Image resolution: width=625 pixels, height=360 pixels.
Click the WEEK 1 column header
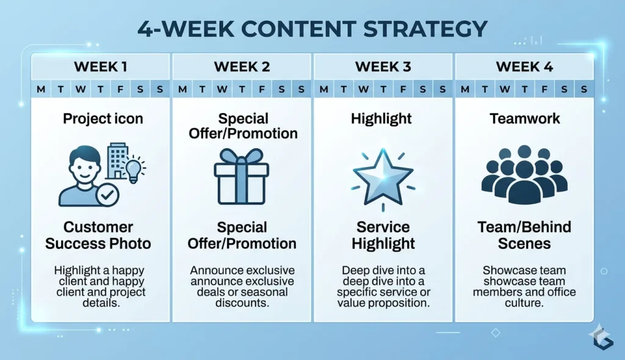(101, 67)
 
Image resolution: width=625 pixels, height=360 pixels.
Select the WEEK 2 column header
(242, 67)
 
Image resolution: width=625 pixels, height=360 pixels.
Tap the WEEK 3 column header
(383, 67)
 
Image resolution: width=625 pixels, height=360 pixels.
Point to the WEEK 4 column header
(524, 67)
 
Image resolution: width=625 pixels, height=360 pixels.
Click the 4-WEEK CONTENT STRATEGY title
(312, 29)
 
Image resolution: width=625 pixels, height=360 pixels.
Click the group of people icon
(524, 174)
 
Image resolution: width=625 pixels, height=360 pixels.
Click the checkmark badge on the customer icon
(107, 195)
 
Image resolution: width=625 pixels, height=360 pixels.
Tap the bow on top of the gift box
(242, 153)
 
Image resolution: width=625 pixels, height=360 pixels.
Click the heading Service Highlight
(383, 236)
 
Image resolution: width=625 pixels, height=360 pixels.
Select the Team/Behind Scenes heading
(524, 236)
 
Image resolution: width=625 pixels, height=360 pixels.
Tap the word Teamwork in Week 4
(524, 118)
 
